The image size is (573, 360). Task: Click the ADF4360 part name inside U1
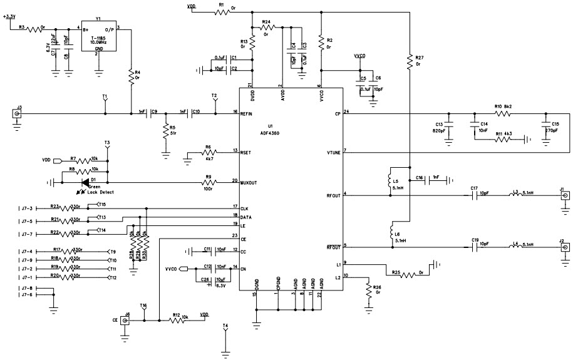pyautogui.click(x=271, y=132)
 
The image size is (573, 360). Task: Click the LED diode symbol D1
pyautogui.click(x=85, y=182)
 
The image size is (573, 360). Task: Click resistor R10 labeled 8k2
pyautogui.click(x=502, y=113)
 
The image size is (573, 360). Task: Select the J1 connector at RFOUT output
pyautogui.click(x=564, y=196)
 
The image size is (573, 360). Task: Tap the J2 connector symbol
pyautogui.click(x=564, y=247)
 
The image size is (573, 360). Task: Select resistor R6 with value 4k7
pyautogui.click(x=209, y=152)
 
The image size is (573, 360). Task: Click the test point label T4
pyautogui.click(x=225, y=326)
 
